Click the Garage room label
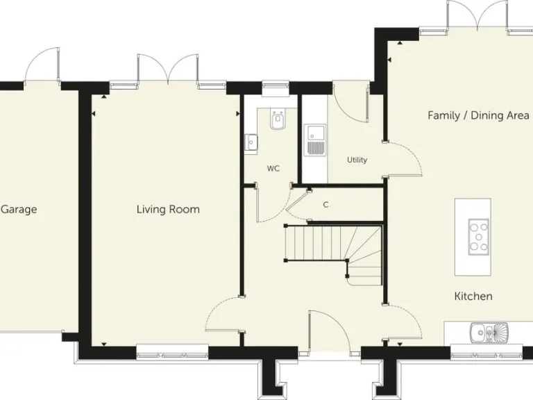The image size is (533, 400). pos(19,209)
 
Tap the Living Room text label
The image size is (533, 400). pos(168,209)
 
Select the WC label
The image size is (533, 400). pos(273,169)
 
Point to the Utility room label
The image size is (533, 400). pos(357,160)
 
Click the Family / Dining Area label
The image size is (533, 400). pos(478,115)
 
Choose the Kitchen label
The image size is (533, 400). pos(473,297)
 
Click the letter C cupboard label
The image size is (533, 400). pos(325,205)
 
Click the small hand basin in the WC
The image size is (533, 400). pos(251,142)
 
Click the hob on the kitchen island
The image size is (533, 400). pos(478,235)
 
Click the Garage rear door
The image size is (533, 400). pos(42,67)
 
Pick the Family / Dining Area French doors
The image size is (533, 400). pos(477,15)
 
